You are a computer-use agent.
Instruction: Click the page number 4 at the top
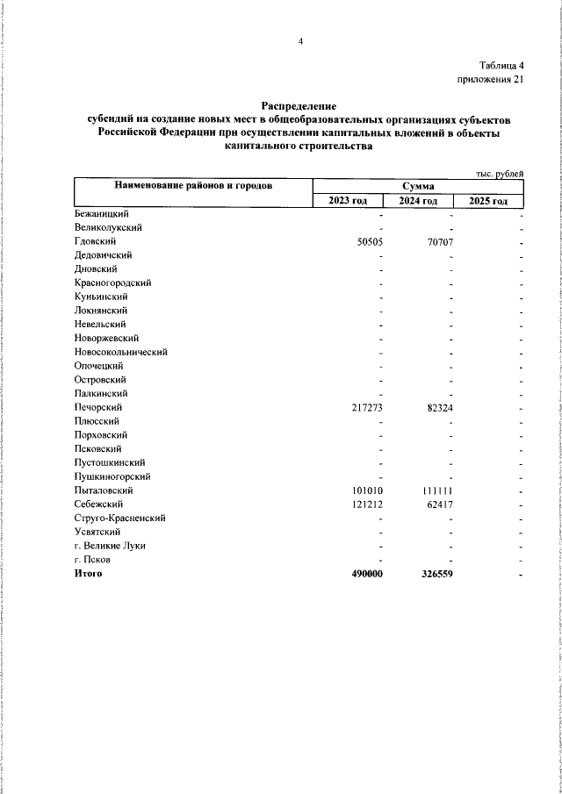click(x=299, y=41)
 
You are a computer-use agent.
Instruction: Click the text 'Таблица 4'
click(x=501, y=66)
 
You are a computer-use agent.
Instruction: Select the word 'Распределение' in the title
click(x=299, y=105)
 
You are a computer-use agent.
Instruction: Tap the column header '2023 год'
click(x=348, y=201)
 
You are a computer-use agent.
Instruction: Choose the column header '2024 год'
click(x=418, y=201)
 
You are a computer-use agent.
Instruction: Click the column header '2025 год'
click(x=488, y=201)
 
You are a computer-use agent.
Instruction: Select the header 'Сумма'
click(x=418, y=186)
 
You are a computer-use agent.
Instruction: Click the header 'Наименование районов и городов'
click(x=192, y=186)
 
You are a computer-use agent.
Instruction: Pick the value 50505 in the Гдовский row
click(x=369, y=241)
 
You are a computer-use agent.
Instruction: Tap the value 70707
click(x=439, y=241)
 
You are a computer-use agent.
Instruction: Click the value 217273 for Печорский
click(x=366, y=408)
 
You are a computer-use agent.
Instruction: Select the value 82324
click(x=439, y=408)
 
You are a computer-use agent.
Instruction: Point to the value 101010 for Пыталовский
click(x=366, y=491)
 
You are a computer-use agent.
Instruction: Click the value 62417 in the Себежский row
click(x=439, y=505)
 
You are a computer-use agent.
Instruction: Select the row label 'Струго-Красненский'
click(x=120, y=519)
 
